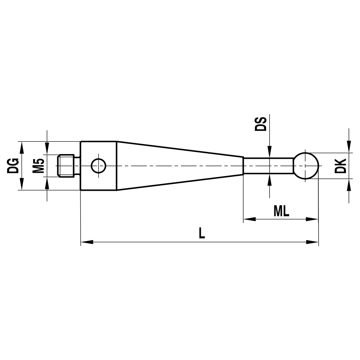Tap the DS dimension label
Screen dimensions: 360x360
coord(261,123)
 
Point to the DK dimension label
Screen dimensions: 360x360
coord(340,166)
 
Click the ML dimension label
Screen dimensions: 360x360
coord(281,211)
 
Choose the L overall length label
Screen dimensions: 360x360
coord(202,234)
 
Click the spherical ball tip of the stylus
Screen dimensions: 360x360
coord(306,166)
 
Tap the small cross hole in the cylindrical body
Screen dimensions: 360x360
coord(98,166)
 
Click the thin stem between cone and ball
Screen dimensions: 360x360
coord(268,166)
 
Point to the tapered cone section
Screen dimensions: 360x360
coord(180,166)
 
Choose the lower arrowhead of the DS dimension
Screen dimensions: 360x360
coord(269,180)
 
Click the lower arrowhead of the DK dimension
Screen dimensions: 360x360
coord(348,185)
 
